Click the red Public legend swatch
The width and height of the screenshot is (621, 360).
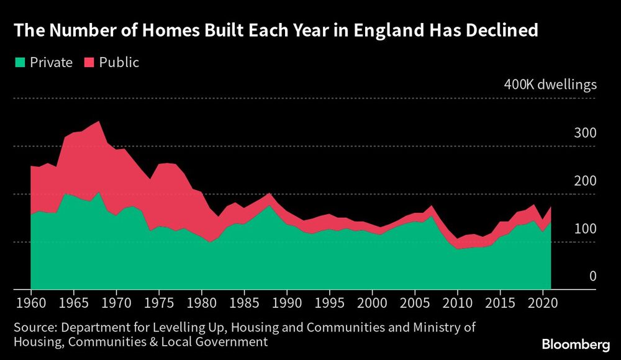(88, 63)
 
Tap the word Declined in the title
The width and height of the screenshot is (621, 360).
(498, 30)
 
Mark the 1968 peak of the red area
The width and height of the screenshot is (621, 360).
(98, 122)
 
